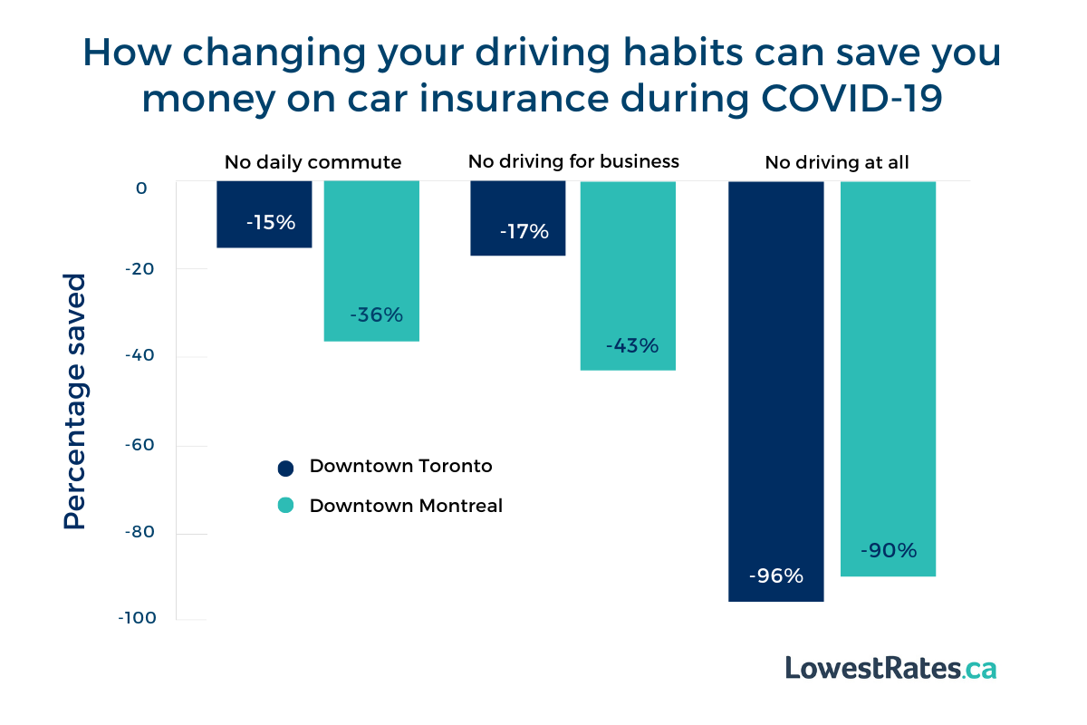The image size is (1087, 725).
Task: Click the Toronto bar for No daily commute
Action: pyautogui.click(x=264, y=214)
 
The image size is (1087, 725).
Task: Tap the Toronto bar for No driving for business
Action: pyautogui.click(x=517, y=217)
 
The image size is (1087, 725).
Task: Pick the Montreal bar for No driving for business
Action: pyautogui.click(x=628, y=275)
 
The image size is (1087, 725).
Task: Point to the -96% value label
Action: pyautogui.click(x=776, y=575)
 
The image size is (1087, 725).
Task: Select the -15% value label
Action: pyautogui.click(x=271, y=222)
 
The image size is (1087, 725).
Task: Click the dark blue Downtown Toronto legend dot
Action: pyautogui.click(x=285, y=468)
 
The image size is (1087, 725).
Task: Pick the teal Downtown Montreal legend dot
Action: pyautogui.click(x=285, y=506)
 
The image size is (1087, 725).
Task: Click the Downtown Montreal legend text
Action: pyautogui.click(x=405, y=506)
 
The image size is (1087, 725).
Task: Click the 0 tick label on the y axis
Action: pyautogui.click(x=141, y=188)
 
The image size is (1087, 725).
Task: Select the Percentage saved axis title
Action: pyautogui.click(x=75, y=401)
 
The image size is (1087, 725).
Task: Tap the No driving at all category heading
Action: pyautogui.click(x=836, y=163)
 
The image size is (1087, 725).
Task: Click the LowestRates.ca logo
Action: pyautogui.click(x=890, y=668)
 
